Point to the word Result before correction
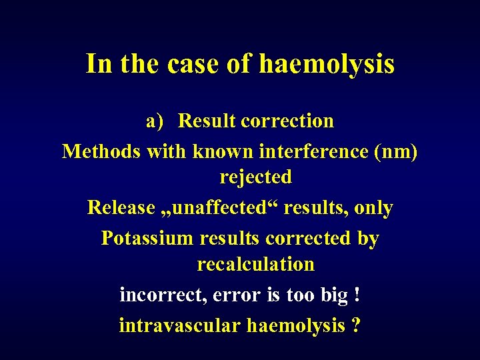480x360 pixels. pos(207,121)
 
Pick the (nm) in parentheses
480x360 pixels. pos(396,151)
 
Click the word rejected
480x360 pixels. pos(256,177)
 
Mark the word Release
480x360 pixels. pos(121,208)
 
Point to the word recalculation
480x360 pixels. pos(256,264)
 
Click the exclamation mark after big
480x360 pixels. pos(359,295)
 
